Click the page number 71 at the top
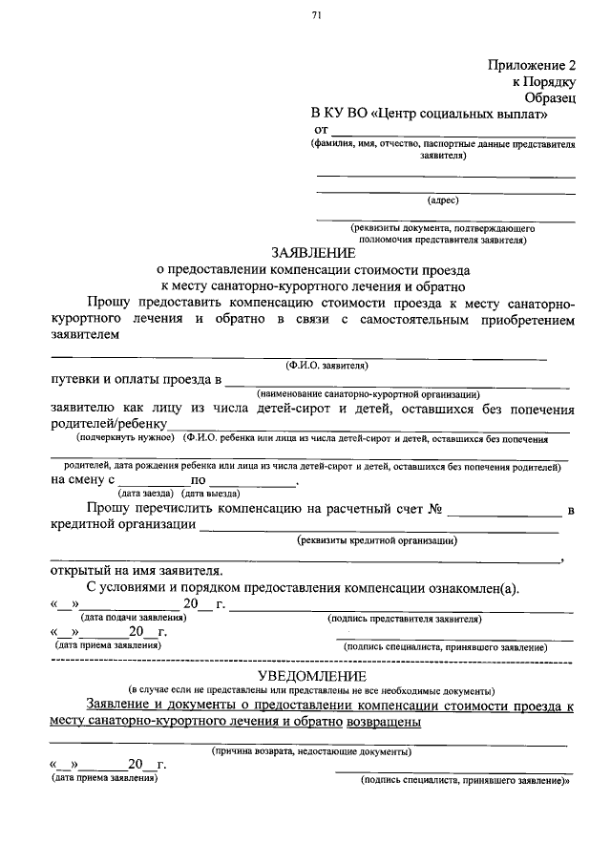click(x=316, y=14)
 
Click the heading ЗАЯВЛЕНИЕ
click(x=312, y=253)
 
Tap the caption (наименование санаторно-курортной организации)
click(x=368, y=394)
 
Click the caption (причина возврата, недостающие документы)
click(x=311, y=751)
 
